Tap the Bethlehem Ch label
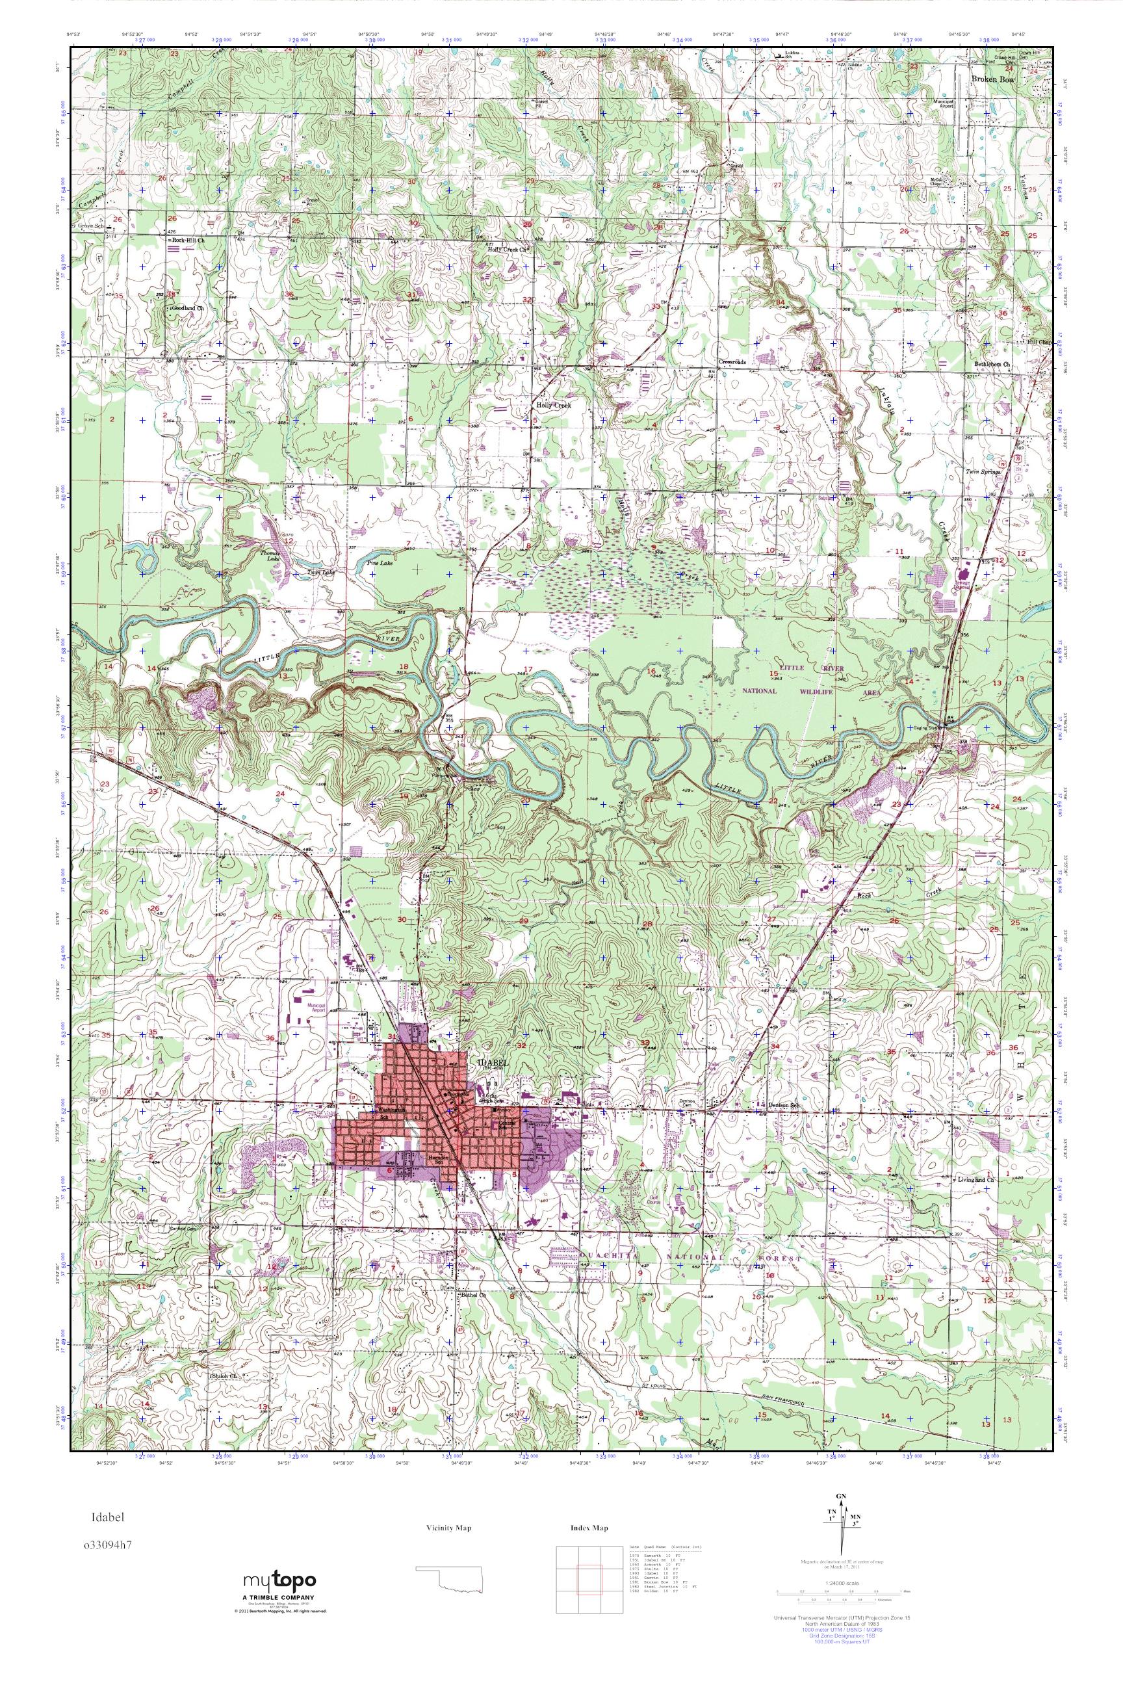[x=990, y=364]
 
